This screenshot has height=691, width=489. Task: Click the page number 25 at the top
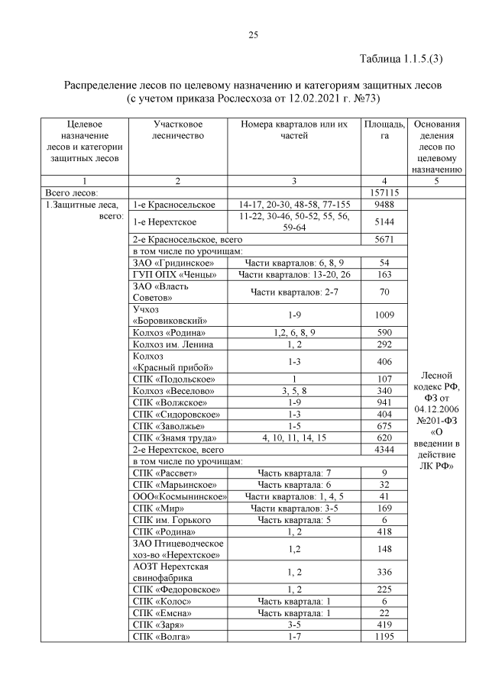pos(253,34)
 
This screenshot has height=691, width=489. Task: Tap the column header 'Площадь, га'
pos(384,130)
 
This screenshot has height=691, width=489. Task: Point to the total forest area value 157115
pos(384,193)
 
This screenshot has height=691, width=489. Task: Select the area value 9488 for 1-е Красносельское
pos(384,205)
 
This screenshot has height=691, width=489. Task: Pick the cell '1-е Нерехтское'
pos(165,221)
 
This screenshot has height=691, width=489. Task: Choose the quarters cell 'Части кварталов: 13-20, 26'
pos(294,273)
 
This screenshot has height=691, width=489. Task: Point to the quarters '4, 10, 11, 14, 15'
pos(294,438)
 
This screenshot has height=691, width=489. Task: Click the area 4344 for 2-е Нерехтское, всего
pos(384,450)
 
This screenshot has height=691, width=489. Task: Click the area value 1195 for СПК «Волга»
pos(384,636)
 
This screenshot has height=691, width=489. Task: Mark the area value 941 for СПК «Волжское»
pos(384,402)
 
